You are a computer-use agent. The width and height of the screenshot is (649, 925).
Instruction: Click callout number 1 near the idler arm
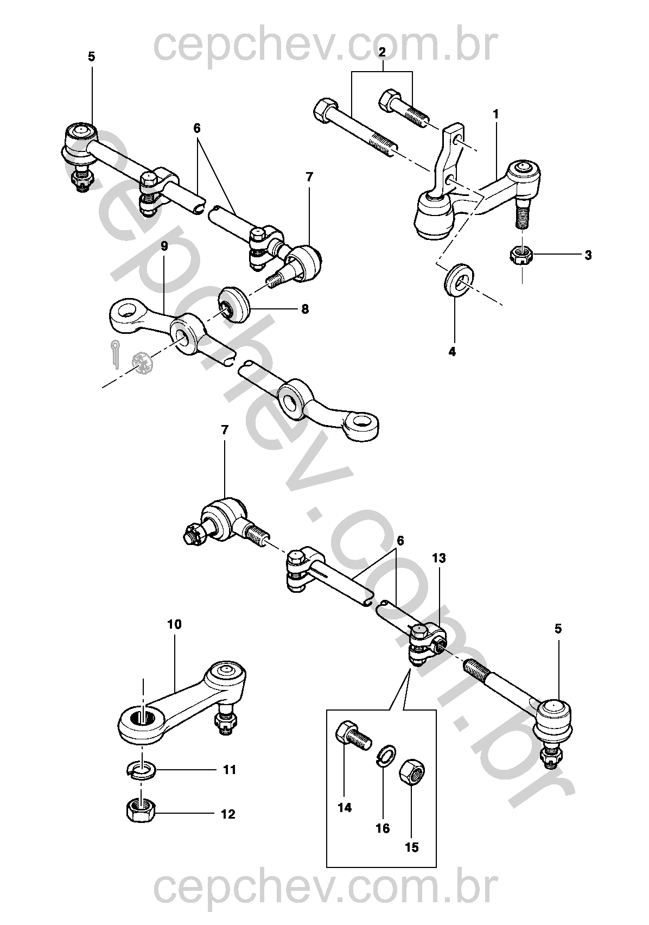pyautogui.click(x=495, y=115)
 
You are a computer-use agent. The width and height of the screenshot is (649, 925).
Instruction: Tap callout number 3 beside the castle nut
pyautogui.click(x=588, y=255)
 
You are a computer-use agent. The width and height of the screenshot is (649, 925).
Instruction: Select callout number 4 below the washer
pyautogui.click(x=452, y=352)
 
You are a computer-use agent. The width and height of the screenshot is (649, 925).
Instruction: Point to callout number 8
pyautogui.click(x=305, y=309)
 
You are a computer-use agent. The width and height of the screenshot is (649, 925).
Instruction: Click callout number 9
pyautogui.click(x=164, y=245)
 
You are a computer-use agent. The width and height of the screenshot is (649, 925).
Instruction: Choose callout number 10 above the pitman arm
pyautogui.click(x=175, y=624)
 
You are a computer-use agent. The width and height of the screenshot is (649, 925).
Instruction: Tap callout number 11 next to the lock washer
pyautogui.click(x=230, y=770)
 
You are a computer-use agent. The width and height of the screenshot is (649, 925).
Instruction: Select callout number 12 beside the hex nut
pyautogui.click(x=228, y=814)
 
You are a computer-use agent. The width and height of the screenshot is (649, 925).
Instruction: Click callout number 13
pyautogui.click(x=438, y=558)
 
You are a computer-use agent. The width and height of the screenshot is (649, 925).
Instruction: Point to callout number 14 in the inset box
pyautogui.click(x=345, y=808)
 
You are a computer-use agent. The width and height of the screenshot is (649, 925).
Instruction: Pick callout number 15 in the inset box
pyautogui.click(x=412, y=847)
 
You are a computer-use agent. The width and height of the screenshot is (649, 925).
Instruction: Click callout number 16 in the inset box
pyautogui.click(x=383, y=828)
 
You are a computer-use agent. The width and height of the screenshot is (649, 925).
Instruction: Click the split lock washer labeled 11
pyautogui.click(x=141, y=770)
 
